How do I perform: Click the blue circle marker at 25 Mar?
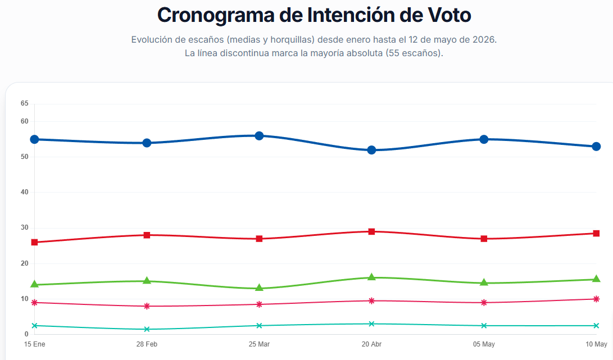pos(259,136)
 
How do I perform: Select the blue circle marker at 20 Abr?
pos(371,150)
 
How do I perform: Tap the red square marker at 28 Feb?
pos(147,235)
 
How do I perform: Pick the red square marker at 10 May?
pos(596,234)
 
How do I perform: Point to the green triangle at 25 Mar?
pos(259,288)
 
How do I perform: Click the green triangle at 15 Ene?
pos(34,284)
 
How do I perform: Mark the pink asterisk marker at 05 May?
pos(484,303)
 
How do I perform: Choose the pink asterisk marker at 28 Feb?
pos(147,306)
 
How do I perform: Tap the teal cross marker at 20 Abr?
pos(371,323)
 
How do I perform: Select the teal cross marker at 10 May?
pos(596,326)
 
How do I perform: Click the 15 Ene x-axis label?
pos(34,344)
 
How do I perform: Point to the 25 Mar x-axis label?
pos(259,344)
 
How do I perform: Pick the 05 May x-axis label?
pos(484,344)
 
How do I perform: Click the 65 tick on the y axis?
pos(25,103)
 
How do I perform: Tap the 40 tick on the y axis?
pos(25,192)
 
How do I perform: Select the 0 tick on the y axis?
pos(26,334)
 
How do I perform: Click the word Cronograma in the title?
pos(216,15)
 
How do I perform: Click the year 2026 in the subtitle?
pos(483,39)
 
